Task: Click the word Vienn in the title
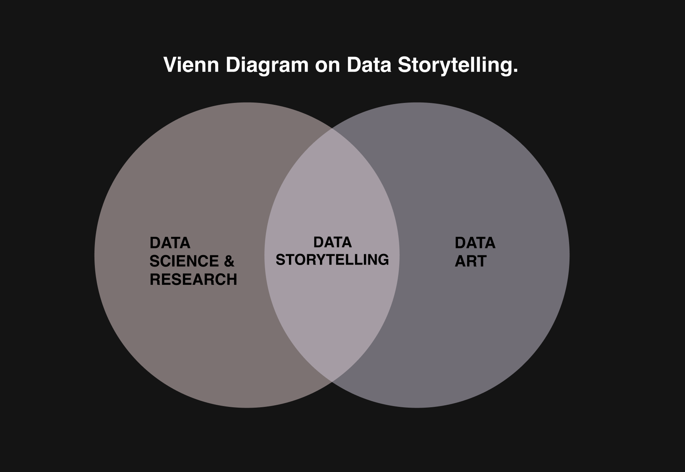pos(191,65)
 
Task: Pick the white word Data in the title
pos(369,65)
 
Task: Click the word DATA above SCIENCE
pos(170,243)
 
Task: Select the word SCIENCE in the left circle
pos(184,261)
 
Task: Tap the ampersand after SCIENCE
pos(229,261)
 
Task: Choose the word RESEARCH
pos(193,279)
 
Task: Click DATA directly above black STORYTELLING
pos(333,242)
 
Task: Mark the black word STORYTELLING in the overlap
pos(332,259)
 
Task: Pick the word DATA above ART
pos(475,243)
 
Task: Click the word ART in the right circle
pos(471,261)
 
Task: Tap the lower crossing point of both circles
pos(332,381)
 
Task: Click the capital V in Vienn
pos(169,65)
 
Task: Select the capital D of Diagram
pos(232,65)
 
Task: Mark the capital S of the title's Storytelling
pos(404,65)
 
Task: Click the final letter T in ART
pos(481,261)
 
